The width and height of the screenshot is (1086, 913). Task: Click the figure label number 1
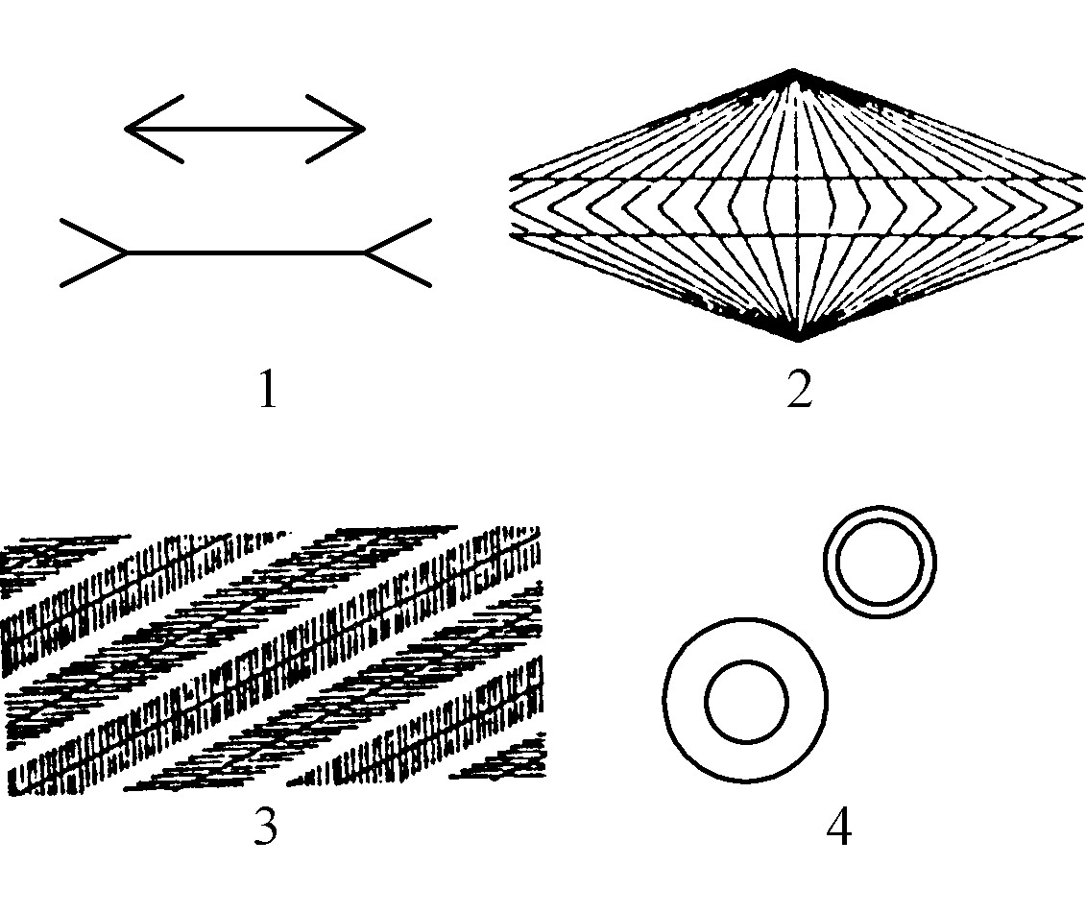tap(268, 389)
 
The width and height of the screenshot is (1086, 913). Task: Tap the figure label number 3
tap(266, 826)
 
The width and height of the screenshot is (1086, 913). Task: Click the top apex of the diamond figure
tap(794, 70)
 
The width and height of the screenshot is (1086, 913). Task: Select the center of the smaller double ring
tap(880, 561)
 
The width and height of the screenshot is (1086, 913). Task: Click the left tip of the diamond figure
tap(513, 206)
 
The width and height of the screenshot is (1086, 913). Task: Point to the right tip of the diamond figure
tap(1082, 206)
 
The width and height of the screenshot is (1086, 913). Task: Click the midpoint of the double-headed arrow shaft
tap(245, 129)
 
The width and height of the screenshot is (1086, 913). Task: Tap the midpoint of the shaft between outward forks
tap(246, 252)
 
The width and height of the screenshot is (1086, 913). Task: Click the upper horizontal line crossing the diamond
tap(797, 179)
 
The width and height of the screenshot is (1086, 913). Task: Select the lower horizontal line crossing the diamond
tap(797, 236)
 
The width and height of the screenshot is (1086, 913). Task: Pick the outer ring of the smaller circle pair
tap(880, 507)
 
